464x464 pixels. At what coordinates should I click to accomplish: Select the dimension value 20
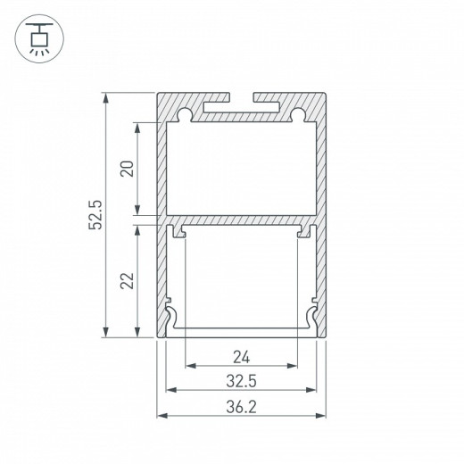coord(127,168)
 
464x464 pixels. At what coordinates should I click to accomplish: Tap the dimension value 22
coord(127,279)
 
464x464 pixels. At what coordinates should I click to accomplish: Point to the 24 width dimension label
coord(240,359)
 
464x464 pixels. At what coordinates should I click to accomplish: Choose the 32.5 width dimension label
coord(240,382)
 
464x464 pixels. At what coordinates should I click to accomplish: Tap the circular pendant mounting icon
coord(38,38)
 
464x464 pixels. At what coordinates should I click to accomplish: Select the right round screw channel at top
coord(297,114)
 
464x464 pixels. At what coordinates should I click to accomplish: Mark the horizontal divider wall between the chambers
coord(240,217)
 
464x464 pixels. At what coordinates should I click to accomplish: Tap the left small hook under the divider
coord(180,232)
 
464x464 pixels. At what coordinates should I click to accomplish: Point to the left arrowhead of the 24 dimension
coord(189,366)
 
